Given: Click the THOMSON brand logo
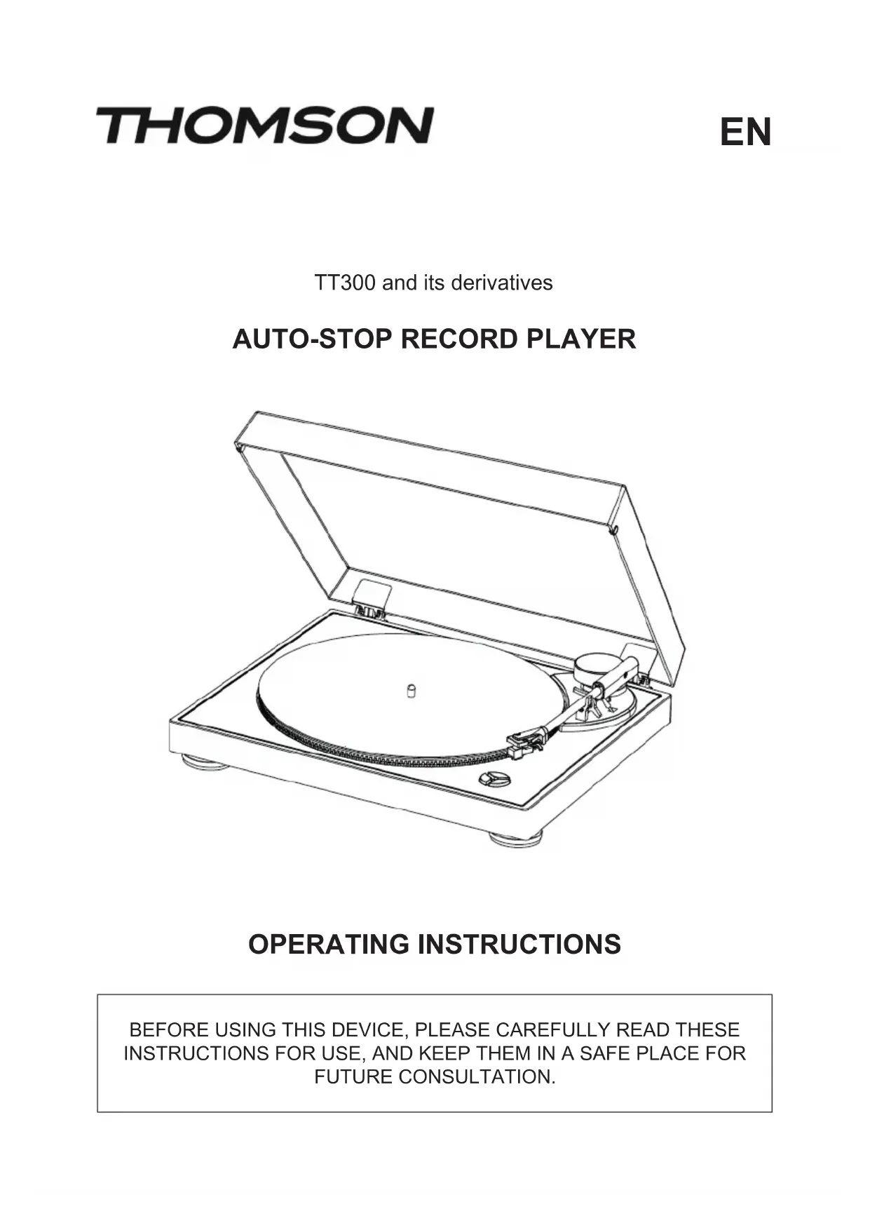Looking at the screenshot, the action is [264, 126].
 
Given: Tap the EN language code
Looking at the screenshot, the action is [745, 133].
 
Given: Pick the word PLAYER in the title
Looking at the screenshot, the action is [581, 339].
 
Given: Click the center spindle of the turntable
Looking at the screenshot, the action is [412, 691].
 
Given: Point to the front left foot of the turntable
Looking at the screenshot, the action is [205, 762].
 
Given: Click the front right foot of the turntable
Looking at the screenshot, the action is [516, 838].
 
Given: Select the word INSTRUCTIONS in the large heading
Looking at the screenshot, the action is [519, 944].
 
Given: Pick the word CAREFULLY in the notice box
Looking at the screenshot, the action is [552, 1030].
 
